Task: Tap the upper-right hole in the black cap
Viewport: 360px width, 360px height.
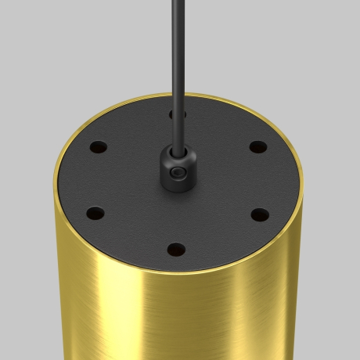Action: (x=254, y=146)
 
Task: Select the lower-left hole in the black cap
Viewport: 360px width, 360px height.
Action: (x=95, y=212)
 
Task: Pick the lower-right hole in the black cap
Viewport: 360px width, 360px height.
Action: (x=257, y=212)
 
